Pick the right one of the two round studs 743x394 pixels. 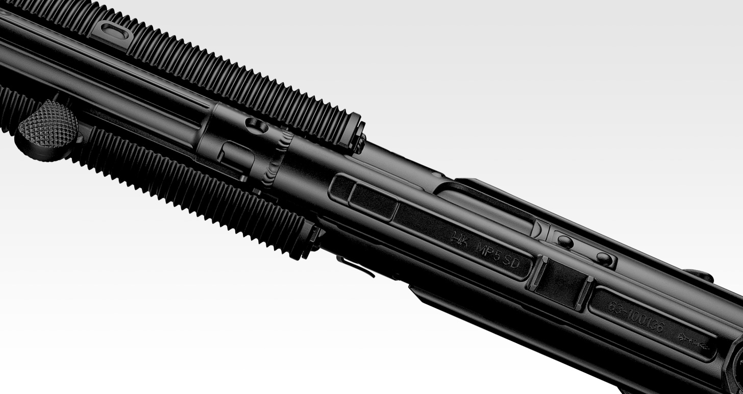click(604, 259)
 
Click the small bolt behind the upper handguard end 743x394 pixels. click(361, 143)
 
